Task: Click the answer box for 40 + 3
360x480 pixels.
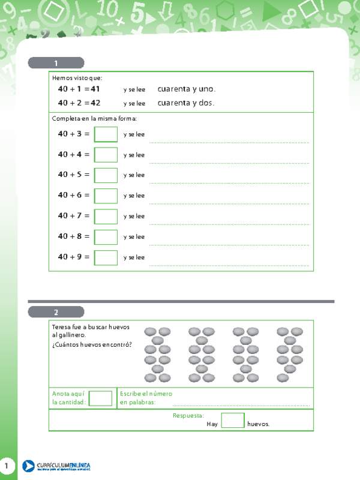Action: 106,134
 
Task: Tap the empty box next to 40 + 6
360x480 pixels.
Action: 106,196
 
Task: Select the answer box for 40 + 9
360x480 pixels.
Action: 106,257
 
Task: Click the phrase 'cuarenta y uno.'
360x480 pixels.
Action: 186,89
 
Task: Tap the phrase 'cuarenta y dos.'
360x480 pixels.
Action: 185,103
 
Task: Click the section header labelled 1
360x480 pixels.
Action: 56,63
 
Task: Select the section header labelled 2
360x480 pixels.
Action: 56,312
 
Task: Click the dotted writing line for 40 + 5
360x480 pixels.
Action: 229,183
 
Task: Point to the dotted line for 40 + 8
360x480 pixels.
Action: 229,245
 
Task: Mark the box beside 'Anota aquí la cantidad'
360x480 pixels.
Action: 100,398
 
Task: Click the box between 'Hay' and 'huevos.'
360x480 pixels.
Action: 232,421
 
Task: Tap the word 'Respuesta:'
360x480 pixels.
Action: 188,415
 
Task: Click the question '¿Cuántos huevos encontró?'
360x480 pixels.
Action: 92,345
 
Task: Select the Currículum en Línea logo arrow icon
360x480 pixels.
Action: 28,466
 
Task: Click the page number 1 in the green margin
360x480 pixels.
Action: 7,466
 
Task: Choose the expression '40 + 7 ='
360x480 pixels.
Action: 74,216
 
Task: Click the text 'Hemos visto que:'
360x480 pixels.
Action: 77,78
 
